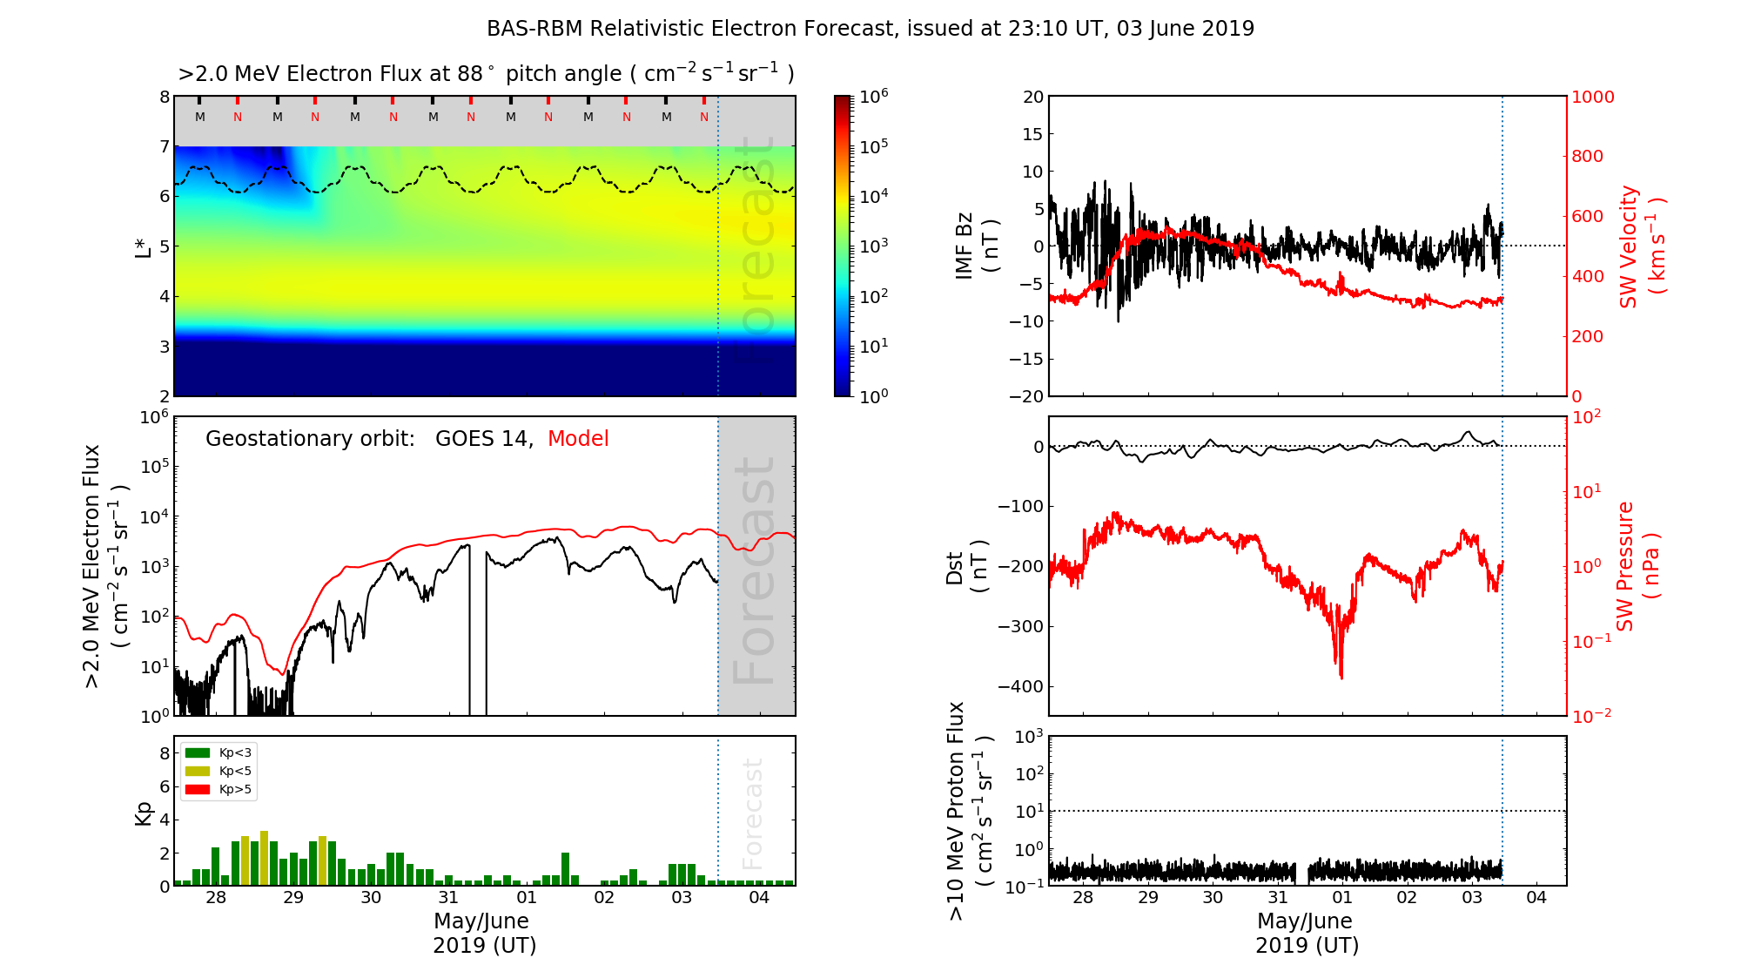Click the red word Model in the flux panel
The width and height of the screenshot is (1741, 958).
pos(578,439)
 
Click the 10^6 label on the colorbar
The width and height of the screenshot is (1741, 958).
pos(873,97)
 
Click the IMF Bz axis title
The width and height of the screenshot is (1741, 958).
pos(977,246)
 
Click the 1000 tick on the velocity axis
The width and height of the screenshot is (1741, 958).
pos(1592,98)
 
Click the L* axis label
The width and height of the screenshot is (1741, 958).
pos(144,246)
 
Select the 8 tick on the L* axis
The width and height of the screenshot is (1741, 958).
pos(164,98)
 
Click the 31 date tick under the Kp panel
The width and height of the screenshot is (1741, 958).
pos(448,898)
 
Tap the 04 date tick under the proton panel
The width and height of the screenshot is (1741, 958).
pos(1536,898)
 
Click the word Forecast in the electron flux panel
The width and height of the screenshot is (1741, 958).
pos(754,570)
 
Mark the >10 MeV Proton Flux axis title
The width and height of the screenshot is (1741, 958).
pos(969,811)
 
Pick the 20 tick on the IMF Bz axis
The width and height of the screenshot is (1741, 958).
pos(1032,98)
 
